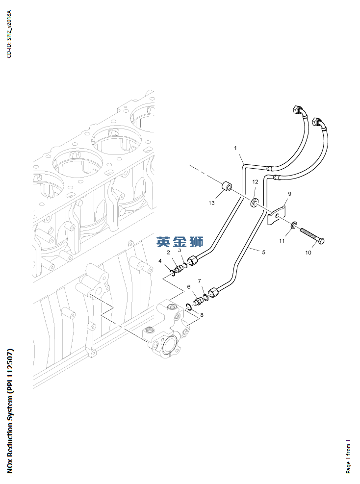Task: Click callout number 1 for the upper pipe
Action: tap(235, 148)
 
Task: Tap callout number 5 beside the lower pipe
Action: tap(263, 252)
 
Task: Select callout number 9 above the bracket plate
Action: tap(289, 194)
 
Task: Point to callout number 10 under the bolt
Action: tap(308, 253)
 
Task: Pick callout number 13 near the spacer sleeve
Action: tap(211, 203)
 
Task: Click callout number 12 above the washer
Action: tap(255, 182)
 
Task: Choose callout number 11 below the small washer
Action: tap(282, 241)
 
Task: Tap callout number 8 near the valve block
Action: tap(202, 314)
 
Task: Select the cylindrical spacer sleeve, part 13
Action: tap(227, 188)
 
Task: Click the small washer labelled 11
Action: tap(293, 226)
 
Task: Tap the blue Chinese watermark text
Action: tap(180, 242)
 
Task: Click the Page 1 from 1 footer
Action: tap(348, 456)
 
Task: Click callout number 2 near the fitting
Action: tap(168, 253)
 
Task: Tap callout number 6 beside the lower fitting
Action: tap(188, 286)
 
